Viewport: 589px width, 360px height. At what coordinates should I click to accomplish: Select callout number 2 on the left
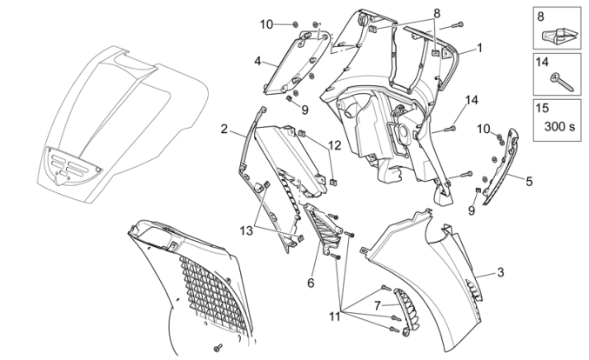click(x=224, y=130)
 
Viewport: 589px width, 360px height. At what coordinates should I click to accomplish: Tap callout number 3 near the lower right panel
click(x=500, y=273)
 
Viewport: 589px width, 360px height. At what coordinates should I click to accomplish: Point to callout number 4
click(x=258, y=61)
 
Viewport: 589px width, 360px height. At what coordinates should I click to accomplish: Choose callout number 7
click(x=378, y=305)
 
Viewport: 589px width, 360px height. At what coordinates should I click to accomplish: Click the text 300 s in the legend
click(x=560, y=126)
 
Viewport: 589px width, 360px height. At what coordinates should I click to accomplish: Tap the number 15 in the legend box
click(x=543, y=110)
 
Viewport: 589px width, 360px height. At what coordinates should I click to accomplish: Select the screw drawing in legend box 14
click(x=557, y=82)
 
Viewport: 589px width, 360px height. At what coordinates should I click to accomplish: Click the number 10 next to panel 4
click(x=266, y=23)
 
